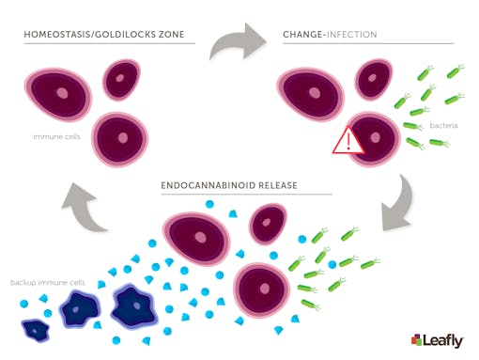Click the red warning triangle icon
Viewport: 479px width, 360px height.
click(348, 141)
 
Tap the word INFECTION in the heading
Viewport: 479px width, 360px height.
click(354, 36)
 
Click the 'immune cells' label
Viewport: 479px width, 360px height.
click(51, 137)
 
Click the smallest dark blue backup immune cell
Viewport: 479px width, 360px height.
click(37, 329)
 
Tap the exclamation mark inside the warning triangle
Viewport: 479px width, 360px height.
click(348, 143)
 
